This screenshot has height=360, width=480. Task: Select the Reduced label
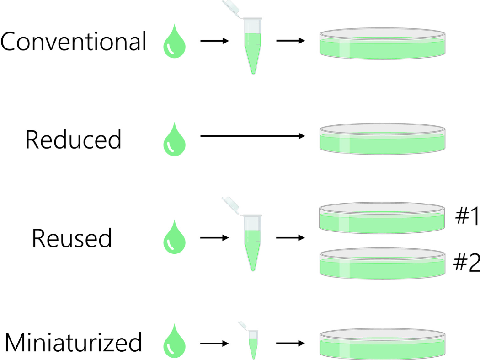point(73,140)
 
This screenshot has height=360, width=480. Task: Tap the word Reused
point(72,238)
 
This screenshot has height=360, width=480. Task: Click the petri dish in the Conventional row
point(382,44)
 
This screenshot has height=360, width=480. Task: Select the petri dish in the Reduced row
point(382,140)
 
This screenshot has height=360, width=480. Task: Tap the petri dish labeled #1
point(382,219)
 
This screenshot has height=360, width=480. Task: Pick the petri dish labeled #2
point(382,264)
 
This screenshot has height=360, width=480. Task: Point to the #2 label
point(467,263)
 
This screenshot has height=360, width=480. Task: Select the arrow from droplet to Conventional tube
point(214,41)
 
